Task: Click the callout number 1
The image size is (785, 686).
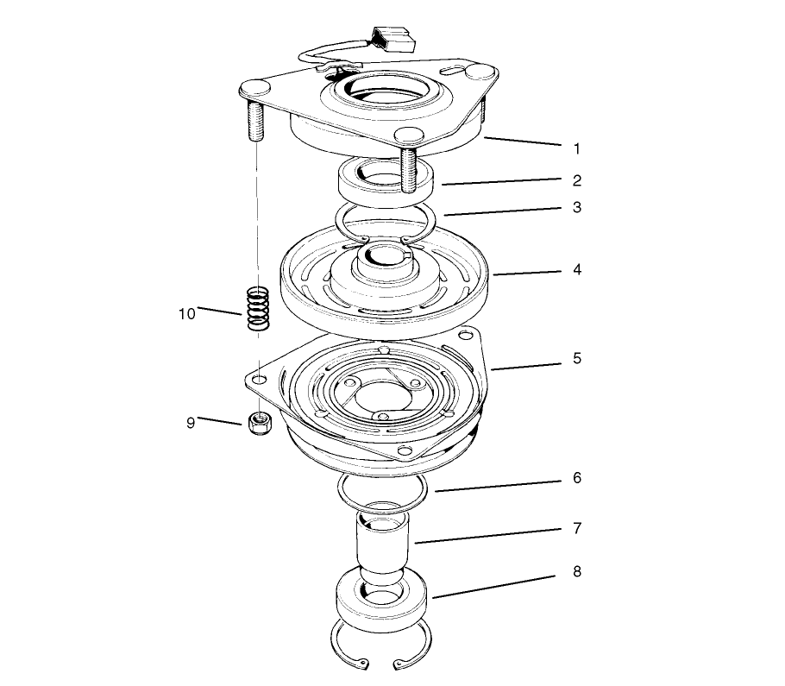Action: (x=576, y=148)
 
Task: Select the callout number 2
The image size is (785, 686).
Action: (x=576, y=181)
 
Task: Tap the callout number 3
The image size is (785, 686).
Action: (x=576, y=208)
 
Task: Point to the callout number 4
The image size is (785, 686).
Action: (x=576, y=269)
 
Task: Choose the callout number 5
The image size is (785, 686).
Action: (x=576, y=357)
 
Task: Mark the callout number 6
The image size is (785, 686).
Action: (x=576, y=478)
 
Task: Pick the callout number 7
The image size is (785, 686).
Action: (x=576, y=526)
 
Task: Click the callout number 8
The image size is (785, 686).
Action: (x=576, y=572)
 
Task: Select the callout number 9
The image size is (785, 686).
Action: (x=190, y=422)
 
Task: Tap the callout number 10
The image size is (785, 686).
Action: (x=187, y=313)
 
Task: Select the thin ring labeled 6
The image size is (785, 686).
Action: (x=381, y=489)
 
